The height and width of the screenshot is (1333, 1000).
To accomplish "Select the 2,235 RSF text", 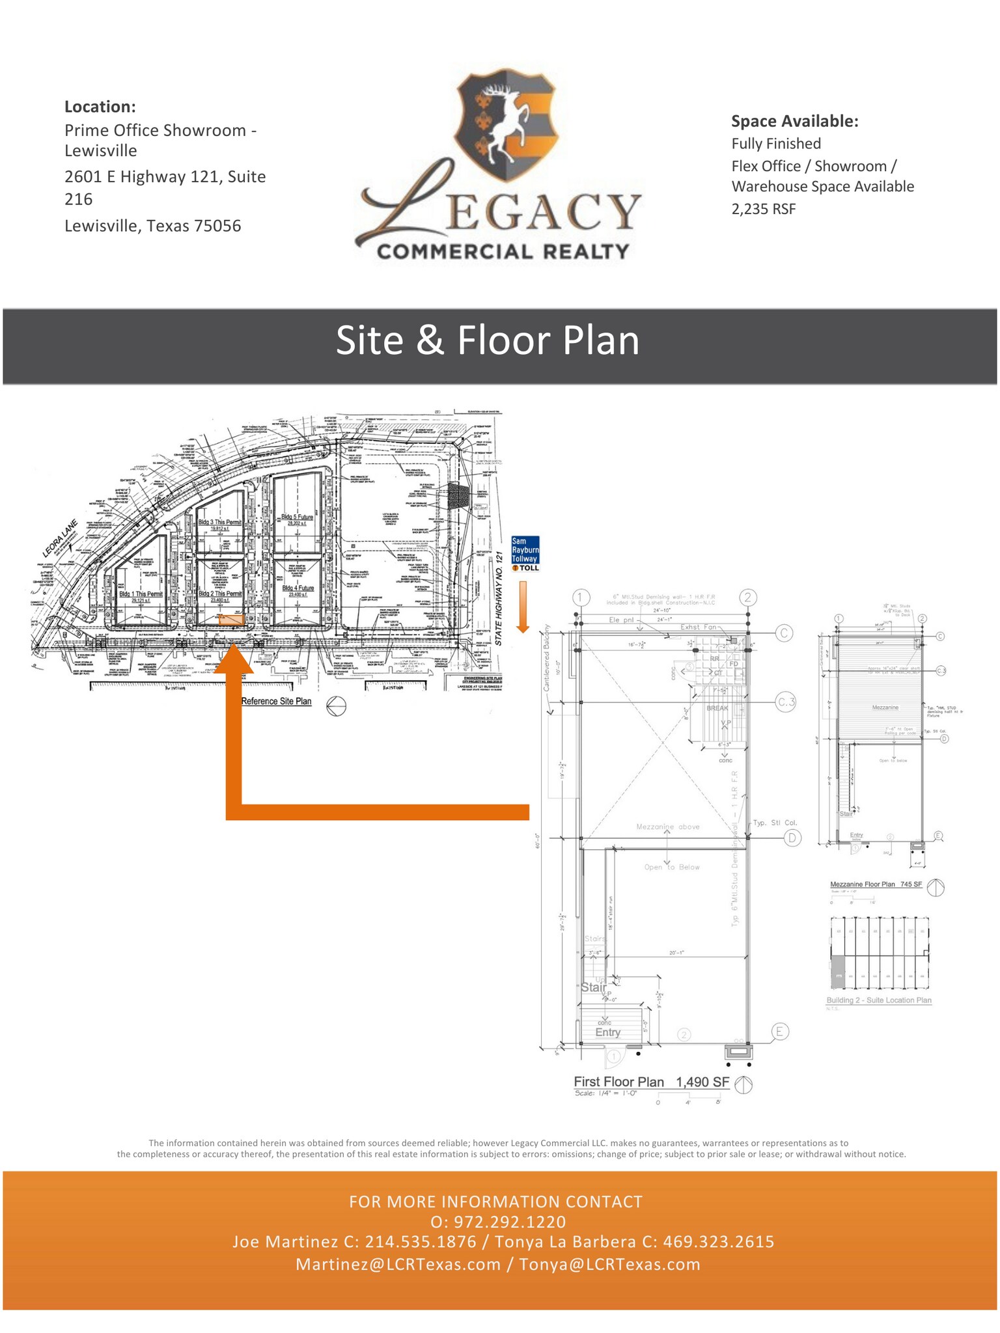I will (x=763, y=209).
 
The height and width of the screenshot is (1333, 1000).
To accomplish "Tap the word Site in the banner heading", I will (x=369, y=340).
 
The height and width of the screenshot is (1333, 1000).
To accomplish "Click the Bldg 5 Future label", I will (x=297, y=517).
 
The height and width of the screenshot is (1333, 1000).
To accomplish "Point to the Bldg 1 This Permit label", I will (x=141, y=594).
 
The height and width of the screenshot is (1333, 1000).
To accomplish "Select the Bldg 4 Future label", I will (x=298, y=588).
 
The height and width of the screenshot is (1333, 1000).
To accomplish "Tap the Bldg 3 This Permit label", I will (x=219, y=522).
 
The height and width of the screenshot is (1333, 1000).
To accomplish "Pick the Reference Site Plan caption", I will (x=276, y=701).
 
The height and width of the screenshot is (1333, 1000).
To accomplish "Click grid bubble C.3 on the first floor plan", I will (x=786, y=702).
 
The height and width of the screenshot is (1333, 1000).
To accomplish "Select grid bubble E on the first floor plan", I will (x=780, y=1031).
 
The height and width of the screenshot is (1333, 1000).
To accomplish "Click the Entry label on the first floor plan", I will (x=607, y=1032).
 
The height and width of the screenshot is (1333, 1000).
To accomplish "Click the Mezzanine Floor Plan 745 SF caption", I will (x=876, y=885).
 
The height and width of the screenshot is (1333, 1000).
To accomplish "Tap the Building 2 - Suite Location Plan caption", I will (x=878, y=1000).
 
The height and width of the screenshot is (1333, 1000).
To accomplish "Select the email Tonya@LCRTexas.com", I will (x=609, y=1264).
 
